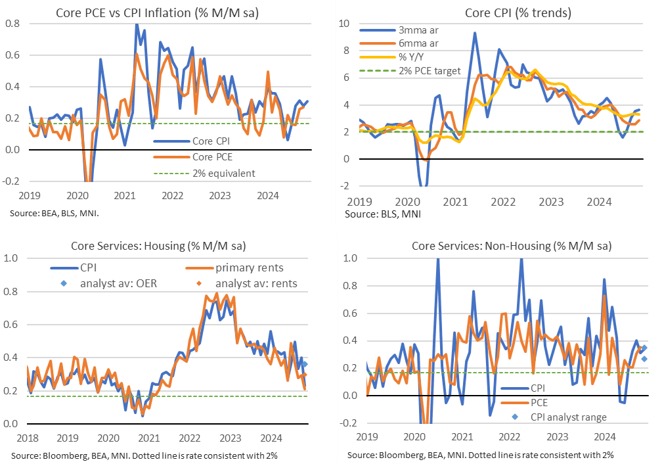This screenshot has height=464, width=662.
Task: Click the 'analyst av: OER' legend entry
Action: tap(112, 283)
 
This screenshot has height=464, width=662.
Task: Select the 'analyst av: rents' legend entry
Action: tap(252, 283)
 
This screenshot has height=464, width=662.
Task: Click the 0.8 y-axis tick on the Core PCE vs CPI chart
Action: tap(14, 24)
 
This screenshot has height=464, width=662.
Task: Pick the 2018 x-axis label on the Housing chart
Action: tap(27, 437)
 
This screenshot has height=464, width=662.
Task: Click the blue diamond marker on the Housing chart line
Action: tap(305, 364)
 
